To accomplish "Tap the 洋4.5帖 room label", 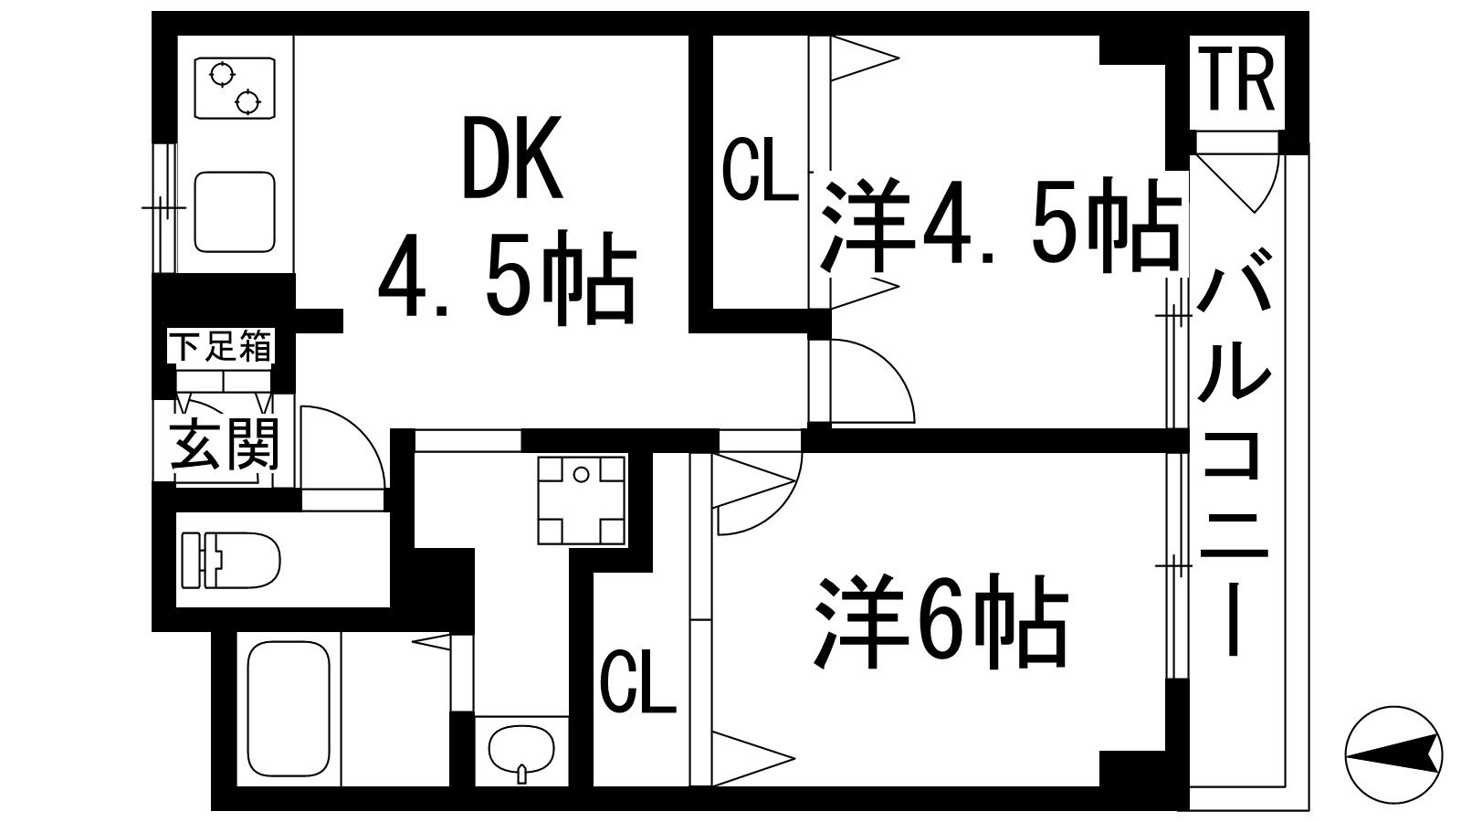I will click(997, 226).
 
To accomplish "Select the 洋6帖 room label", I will click(941, 622).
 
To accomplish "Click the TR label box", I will click(1237, 82).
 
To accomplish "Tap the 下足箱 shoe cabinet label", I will click(222, 347).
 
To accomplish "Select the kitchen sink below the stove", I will click(235, 212).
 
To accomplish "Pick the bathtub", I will click(289, 707).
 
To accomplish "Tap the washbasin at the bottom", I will click(521, 751).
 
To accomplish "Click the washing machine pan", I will click(582, 500).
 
